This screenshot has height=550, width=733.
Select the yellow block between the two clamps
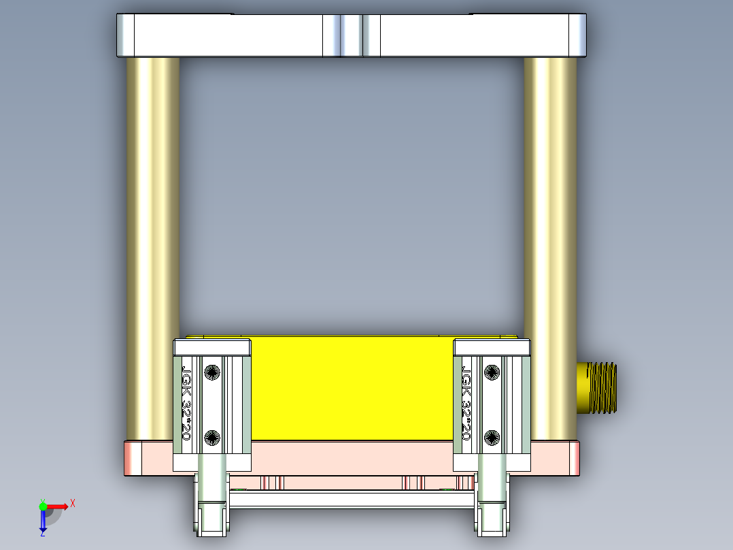[x=352, y=388]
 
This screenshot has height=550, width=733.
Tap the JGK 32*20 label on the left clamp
[x=186, y=402]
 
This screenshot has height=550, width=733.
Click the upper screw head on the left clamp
[x=212, y=372]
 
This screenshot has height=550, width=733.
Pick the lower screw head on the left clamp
[x=212, y=437]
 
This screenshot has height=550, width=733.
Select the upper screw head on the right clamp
[x=492, y=372]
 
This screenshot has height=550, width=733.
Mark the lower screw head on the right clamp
[x=492, y=437]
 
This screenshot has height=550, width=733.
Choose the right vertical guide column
[x=550, y=204]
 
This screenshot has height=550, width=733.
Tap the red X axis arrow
[x=58, y=506]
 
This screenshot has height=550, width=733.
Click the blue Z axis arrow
[x=43, y=521]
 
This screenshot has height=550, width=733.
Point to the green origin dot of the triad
[x=43, y=506]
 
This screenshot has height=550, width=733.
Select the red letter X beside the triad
[x=72, y=503]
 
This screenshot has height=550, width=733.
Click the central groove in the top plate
[x=351, y=35]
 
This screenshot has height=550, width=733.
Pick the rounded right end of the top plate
[x=578, y=35]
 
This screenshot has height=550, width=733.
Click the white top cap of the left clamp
[x=213, y=347]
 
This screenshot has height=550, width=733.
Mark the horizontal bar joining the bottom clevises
[x=352, y=500]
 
